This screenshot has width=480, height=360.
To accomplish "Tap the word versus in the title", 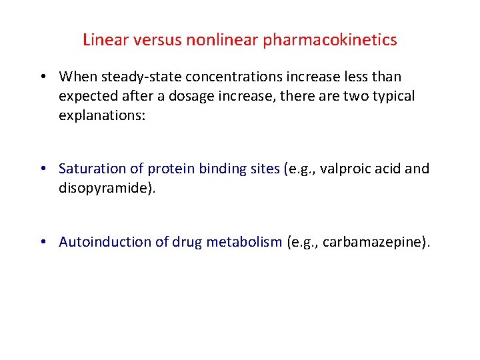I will [157, 40].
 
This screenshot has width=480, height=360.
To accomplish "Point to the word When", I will [77, 77].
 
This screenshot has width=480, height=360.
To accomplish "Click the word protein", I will [171, 169].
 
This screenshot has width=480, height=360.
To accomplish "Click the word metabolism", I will [244, 242].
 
